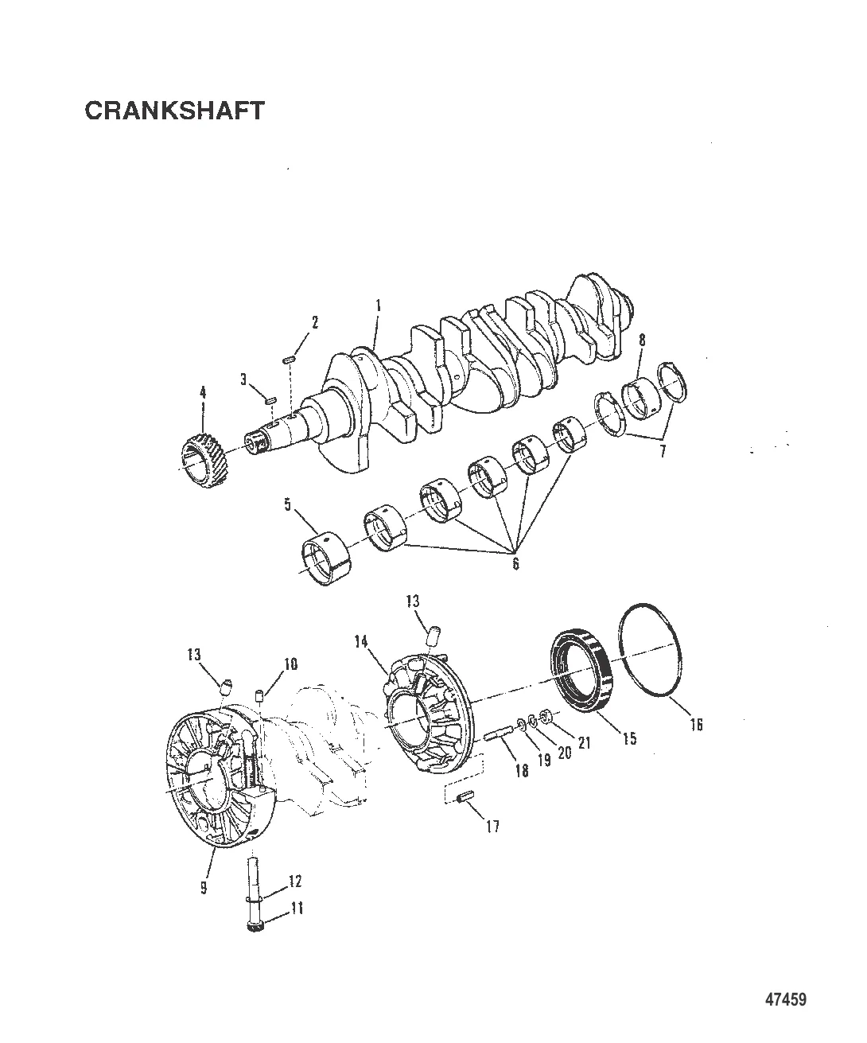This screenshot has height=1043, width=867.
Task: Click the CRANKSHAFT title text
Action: tap(174, 111)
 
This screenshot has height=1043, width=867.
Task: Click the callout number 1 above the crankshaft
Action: tap(378, 306)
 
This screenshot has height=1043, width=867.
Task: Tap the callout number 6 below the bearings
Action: tap(515, 563)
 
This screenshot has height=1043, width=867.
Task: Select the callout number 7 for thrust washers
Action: tap(663, 451)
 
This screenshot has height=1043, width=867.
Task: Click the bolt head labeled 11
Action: tap(255, 928)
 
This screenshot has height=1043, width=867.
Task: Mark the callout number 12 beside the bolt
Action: tap(296, 881)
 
